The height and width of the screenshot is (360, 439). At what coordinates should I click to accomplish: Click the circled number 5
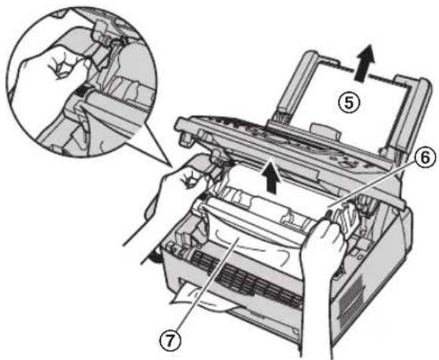pos(348,103)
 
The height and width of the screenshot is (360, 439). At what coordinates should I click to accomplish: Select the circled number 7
pos(171,340)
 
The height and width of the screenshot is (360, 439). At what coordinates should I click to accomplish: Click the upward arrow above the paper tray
pos(365,62)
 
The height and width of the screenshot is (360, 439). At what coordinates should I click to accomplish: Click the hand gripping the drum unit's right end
pos(325,252)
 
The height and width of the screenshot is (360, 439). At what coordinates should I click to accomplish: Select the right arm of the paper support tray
pos(411,112)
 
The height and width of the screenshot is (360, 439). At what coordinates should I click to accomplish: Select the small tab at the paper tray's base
pos(325,132)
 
